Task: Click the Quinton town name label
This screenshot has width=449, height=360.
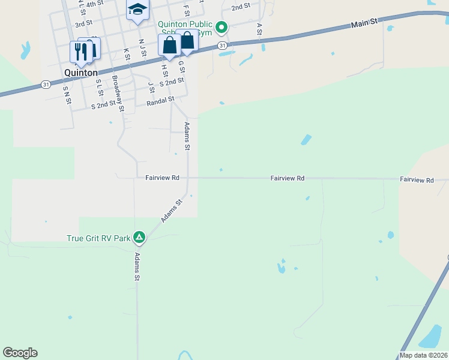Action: [81, 73]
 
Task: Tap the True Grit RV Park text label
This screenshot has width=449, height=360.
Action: [98, 238]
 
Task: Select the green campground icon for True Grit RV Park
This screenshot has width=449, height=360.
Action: [139, 238]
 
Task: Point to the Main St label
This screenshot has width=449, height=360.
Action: [364, 22]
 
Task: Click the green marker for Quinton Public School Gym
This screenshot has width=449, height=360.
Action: [221, 26]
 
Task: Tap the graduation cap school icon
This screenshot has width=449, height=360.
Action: [137, 10]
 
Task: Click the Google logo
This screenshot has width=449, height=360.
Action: [20, 353]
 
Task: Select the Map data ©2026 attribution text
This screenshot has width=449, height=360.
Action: [424, 355]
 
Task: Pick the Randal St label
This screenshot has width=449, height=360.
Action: [160, 102]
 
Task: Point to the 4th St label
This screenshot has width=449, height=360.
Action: [95, 4]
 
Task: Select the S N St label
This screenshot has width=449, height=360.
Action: [66, 95]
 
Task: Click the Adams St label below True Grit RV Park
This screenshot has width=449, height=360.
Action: [137, 267]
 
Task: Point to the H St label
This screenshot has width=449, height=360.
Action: [164, 71]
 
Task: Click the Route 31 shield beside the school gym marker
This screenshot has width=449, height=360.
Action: [222, 46]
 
